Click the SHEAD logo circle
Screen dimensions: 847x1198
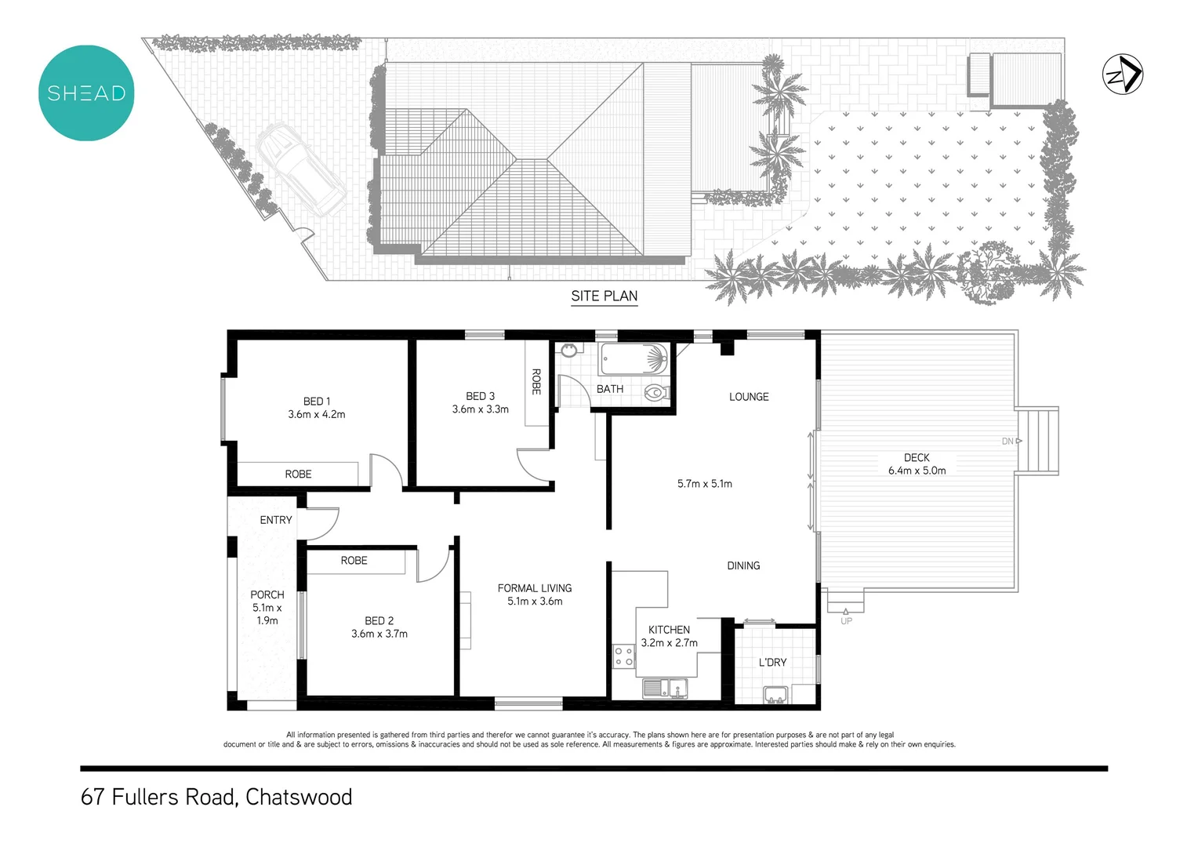click(86, 93)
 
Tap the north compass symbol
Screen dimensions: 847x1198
click(1123, 75)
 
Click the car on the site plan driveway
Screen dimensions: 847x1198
click(301, 169)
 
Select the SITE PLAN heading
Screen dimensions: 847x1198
click(604, 296)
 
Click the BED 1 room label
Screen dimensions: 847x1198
click(317, 402)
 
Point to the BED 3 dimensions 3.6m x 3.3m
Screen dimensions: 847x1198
click(480, 409)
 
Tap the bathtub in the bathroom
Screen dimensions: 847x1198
click(633, 360)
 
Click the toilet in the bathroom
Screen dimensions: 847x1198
click(655, 391)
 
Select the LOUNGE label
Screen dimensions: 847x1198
click(749, 397)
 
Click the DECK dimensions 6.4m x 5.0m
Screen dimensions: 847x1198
click(917, 471)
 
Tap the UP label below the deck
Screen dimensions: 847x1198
click(846, 621)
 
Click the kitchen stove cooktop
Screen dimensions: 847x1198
click(623, 656)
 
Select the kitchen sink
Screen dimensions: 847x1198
click(664, 689)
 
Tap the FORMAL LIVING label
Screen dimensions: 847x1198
click(535, 588)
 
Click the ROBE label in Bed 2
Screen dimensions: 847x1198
click(354, 561)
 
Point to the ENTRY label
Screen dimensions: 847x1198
click(276, 520)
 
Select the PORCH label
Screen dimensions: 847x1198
click(267, 595)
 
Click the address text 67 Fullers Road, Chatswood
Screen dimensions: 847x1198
click(216, 797)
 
